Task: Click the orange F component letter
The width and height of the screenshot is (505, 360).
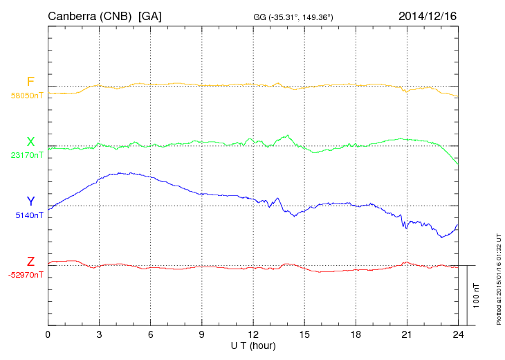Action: click(x=30, y=82)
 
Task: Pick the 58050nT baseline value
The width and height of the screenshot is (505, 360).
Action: click(x=26, y=96)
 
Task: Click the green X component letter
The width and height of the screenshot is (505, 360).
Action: click(x=30, y=143)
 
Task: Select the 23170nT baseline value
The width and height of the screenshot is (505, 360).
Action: click(x=26, y=156)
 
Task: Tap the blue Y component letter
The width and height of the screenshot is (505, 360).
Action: click(x=30, y=202)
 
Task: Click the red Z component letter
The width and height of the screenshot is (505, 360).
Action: click(x=30, y=262)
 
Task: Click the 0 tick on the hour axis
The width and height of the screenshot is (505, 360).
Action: click(x=48, y=334)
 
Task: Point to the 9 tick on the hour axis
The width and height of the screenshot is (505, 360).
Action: click(x=201, y=334)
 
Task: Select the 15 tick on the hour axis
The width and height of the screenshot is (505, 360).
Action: click(x=304, y=334)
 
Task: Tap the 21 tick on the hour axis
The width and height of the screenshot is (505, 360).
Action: click(x=406, y=334)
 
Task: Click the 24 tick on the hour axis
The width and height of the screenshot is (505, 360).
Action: click(x=457, y=334)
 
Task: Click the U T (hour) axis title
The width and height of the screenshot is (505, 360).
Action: click(x=252, y=345)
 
